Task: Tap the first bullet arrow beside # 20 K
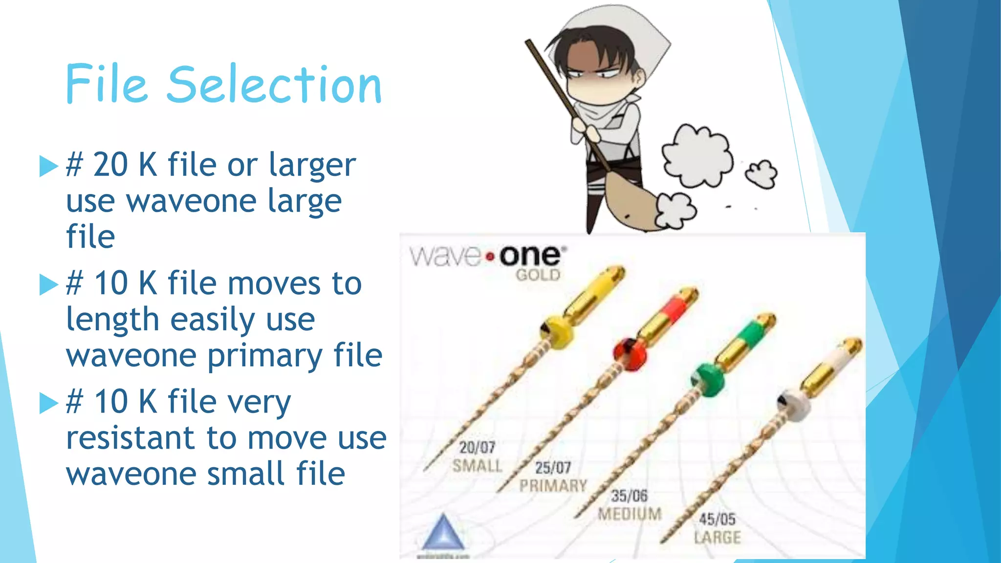[48, 166]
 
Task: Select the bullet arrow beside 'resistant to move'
[48, 403]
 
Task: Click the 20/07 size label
[477, 447]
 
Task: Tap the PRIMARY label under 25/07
[553, 486]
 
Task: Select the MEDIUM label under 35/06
[630, 514]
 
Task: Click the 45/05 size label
[717, 519]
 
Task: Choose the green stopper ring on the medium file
[708, 379]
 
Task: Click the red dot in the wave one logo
[490, 256]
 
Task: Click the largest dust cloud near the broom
[697, 155]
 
